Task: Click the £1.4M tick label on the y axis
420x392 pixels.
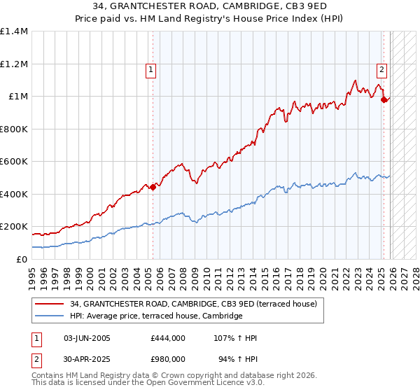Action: point(14,31)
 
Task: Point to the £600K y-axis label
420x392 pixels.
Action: point(14,162)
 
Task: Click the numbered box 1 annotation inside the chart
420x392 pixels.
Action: point(151,69)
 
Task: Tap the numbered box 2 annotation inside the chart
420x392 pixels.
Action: point(381,69)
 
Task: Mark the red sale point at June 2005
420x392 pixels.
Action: point(153,187)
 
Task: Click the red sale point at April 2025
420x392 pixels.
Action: point(384,100)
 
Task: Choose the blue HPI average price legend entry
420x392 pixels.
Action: point(155,316)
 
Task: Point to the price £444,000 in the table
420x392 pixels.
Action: point(167,338)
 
